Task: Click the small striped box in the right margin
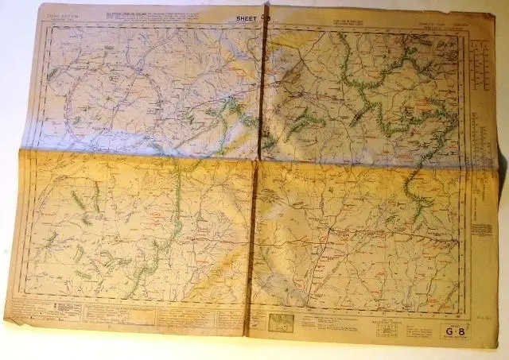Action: [x=481, y=229]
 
